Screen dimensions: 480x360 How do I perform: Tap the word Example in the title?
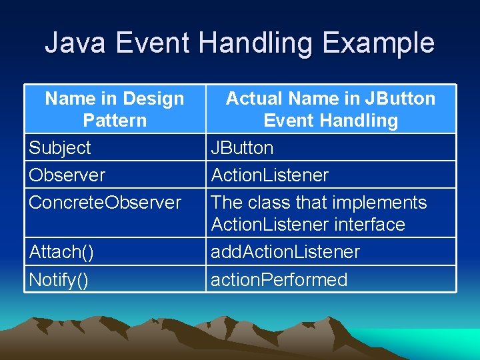[x=378, y=43]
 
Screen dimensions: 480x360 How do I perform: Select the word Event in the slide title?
[x=153, y=43]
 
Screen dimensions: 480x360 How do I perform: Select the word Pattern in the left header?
[x=115, y=121]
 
